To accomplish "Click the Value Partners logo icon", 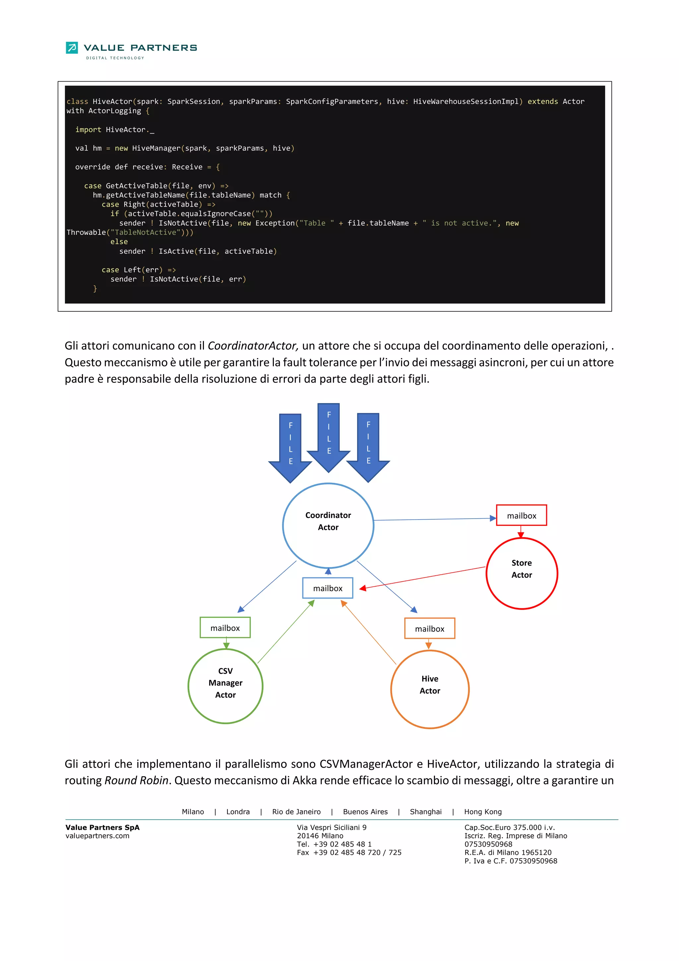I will pos(72,48).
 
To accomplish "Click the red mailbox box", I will pos(521,515).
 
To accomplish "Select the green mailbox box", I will pos(225,627).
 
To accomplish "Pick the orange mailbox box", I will pos(430,628).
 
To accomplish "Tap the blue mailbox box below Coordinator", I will pos(328,588).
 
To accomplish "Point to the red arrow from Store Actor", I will pos(422,578).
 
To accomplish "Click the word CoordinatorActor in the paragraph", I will pos(253,346).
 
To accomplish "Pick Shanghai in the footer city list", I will pos(425,811).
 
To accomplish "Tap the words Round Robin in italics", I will pos(136,780).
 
